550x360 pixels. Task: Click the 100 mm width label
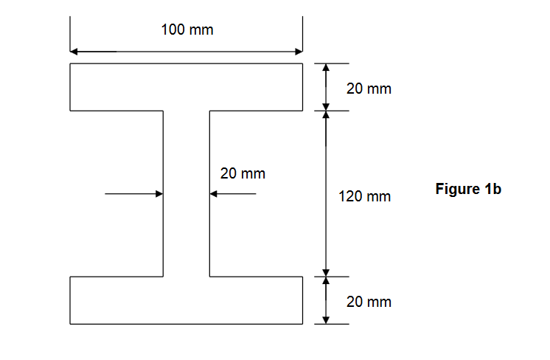coord(187,30)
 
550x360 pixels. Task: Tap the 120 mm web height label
coord(365,197)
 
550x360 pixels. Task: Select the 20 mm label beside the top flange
coord(369,89)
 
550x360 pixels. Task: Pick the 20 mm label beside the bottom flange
coord(369,302)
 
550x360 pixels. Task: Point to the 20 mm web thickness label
coord(243,174)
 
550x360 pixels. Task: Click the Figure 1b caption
coord(468,190)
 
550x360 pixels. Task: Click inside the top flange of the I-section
coord(186,87)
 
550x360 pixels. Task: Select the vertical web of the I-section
coord(187,193)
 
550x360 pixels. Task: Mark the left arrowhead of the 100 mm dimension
coord(74,52)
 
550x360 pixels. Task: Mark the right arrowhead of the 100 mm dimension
coord(299,52)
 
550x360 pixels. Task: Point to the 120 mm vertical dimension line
coord(326,193)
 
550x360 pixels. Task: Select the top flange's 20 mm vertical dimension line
coord(326,87)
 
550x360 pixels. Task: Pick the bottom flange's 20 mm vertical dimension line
coord(326,300)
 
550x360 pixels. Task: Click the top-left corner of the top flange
coord(70,64)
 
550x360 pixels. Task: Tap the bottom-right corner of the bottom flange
coord(302,323)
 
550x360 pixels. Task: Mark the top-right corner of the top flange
coord(302,64)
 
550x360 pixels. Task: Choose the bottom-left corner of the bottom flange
coord(70,323)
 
